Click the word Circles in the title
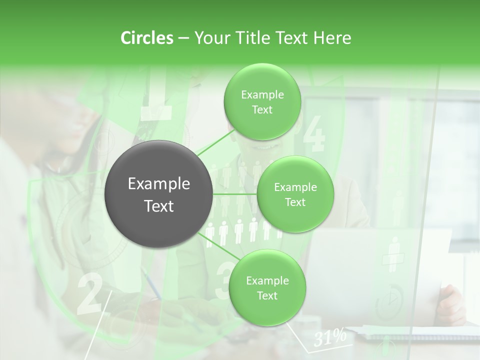coord(146,38)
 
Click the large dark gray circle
coord(158,194)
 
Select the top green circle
coord(262,101)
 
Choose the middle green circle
coord(295,194)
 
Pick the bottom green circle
coord(267,287)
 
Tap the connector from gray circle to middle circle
coord(234,194)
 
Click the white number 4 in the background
coord(314,134)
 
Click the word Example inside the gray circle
coord(158,184)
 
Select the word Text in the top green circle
coord(262,110)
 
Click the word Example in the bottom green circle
coord(267,280)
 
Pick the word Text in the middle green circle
coord(295,202)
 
